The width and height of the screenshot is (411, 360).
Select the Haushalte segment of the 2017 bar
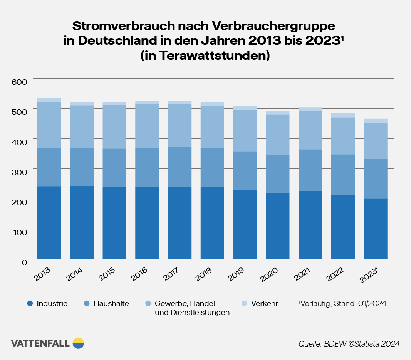pos(180,167)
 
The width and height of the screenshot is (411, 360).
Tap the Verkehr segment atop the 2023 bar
pos(376,121)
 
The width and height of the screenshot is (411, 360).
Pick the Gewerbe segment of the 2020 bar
pos(278,135)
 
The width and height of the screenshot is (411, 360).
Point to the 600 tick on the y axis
pos(19,82)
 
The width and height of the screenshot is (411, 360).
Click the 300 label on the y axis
pos(19,172)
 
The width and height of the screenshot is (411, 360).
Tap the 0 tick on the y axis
pos(24,262)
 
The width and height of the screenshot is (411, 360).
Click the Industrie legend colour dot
pos(30,304)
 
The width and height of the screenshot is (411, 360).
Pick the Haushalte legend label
pos(111,304)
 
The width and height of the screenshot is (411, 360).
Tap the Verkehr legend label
pos(265,304)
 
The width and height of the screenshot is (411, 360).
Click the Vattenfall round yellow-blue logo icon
pos(78,343)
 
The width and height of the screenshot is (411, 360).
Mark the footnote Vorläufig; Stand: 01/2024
pos(342,304)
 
